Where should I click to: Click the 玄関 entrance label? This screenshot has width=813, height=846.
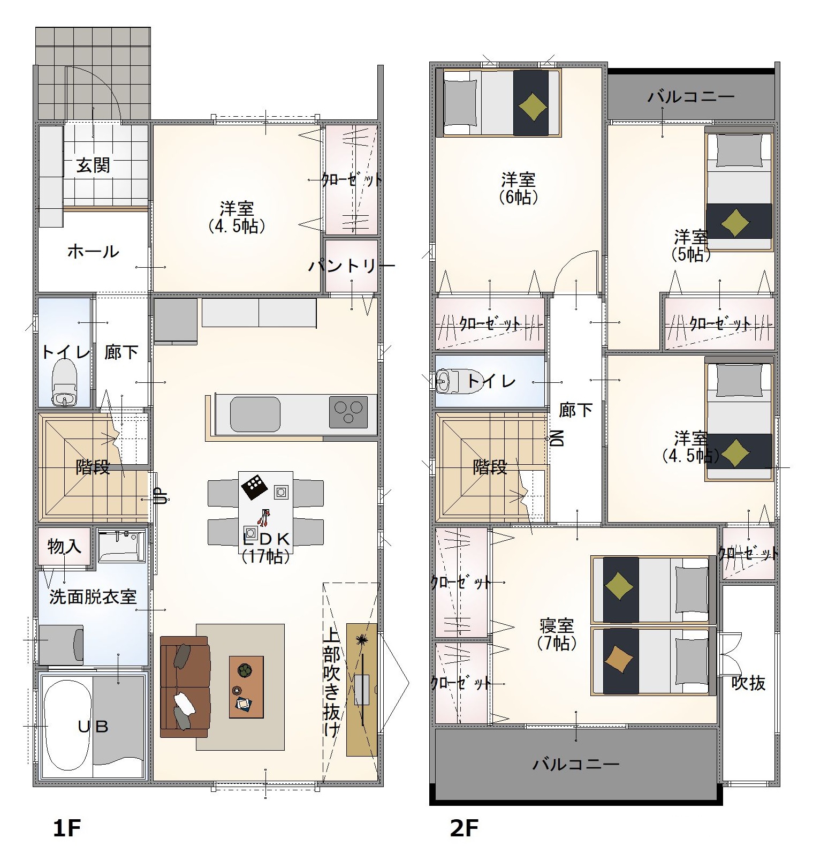(93, 165)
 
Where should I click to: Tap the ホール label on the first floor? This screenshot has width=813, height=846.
(93, 251)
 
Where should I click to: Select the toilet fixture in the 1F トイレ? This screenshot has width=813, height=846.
(64, 382)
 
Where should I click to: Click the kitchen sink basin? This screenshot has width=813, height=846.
(255, 414)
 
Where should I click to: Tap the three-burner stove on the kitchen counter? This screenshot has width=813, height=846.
(348, 412)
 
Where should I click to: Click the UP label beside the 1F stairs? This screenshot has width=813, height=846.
(159, 496)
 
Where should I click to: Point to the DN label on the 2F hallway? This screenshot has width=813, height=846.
(557, 438)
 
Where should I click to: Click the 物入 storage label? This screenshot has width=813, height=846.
(64, 547)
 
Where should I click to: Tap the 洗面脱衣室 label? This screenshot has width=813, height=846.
(93, 596)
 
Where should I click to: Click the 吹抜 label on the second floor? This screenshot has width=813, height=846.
(748, 683)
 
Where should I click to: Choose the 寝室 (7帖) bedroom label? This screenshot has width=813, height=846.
(557, 634)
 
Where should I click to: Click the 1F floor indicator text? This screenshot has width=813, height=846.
(66, 828)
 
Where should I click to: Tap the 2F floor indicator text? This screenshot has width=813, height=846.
(464, 828)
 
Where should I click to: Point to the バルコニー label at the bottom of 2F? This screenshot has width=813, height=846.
(576, 764)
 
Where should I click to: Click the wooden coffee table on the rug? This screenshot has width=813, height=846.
(246, 687)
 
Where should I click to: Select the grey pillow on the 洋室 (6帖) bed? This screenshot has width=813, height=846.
(460, 103)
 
